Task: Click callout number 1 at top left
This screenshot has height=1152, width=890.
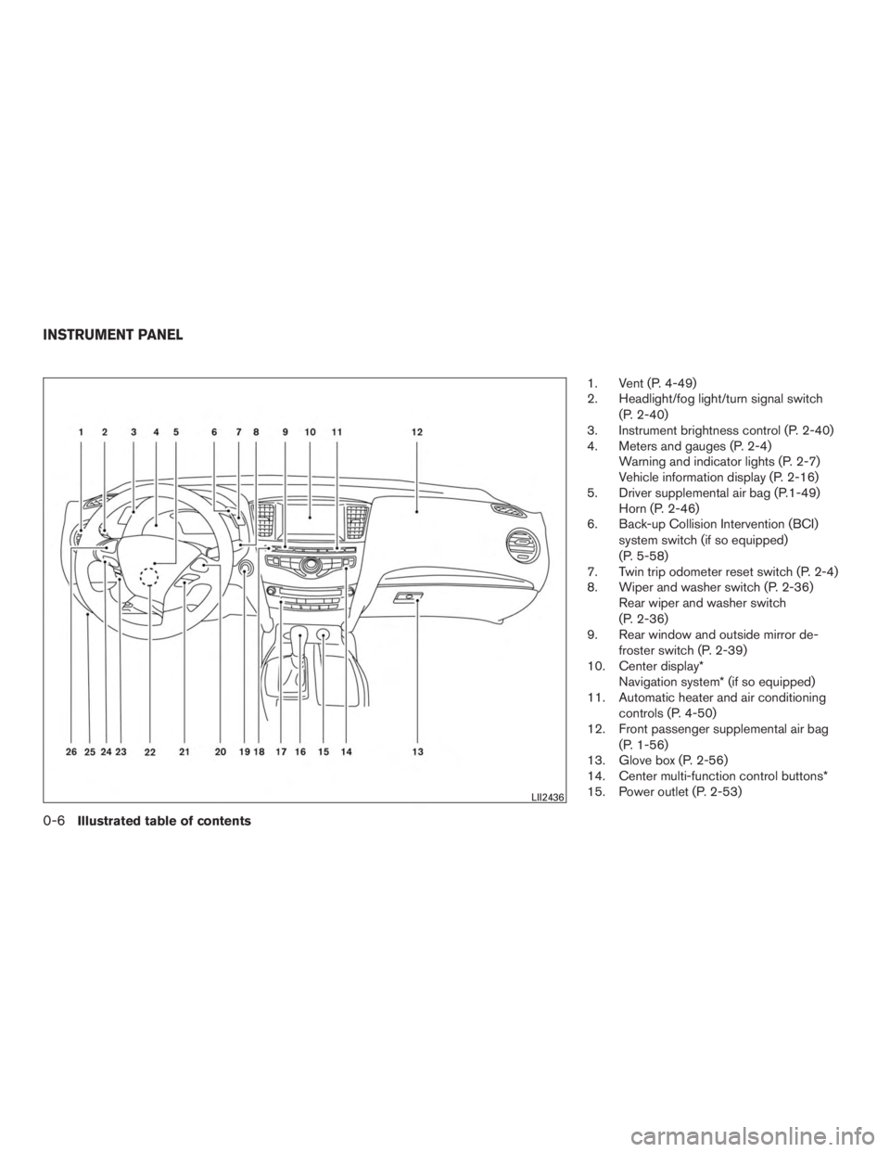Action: click(x=82, y=431)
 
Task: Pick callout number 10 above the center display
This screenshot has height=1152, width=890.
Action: click(x=310, y=431)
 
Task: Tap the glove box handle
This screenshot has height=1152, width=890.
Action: click(x=408, y=598)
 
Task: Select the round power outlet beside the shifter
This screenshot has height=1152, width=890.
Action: click(x=324, y=635)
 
